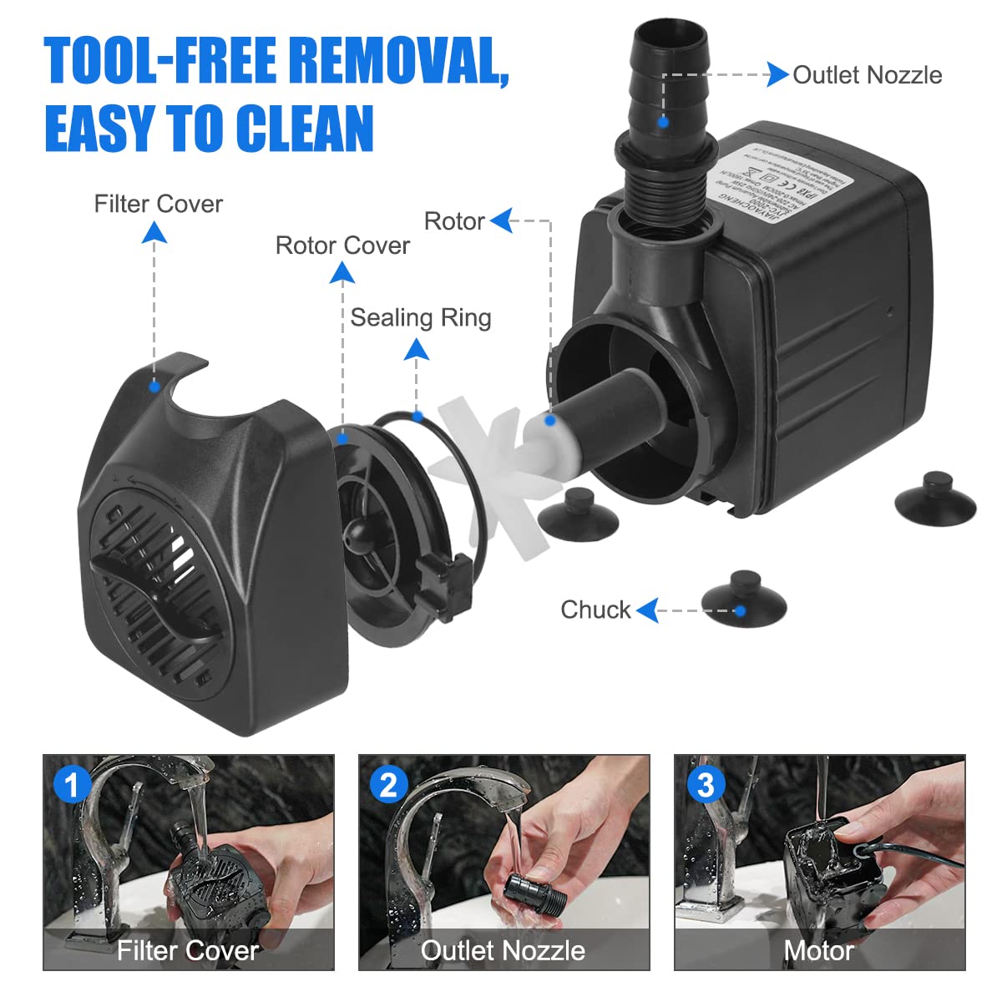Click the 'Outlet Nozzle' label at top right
867,75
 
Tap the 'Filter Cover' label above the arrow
158,204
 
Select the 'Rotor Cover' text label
342,245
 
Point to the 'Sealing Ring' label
420,317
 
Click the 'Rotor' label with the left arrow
454,221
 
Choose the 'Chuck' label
595,610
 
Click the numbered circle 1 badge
72,785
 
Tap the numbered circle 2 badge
387,785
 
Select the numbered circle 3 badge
705,785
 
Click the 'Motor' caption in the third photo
818,950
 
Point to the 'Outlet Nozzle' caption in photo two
503,950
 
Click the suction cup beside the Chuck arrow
743,595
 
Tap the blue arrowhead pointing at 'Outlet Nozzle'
777,75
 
